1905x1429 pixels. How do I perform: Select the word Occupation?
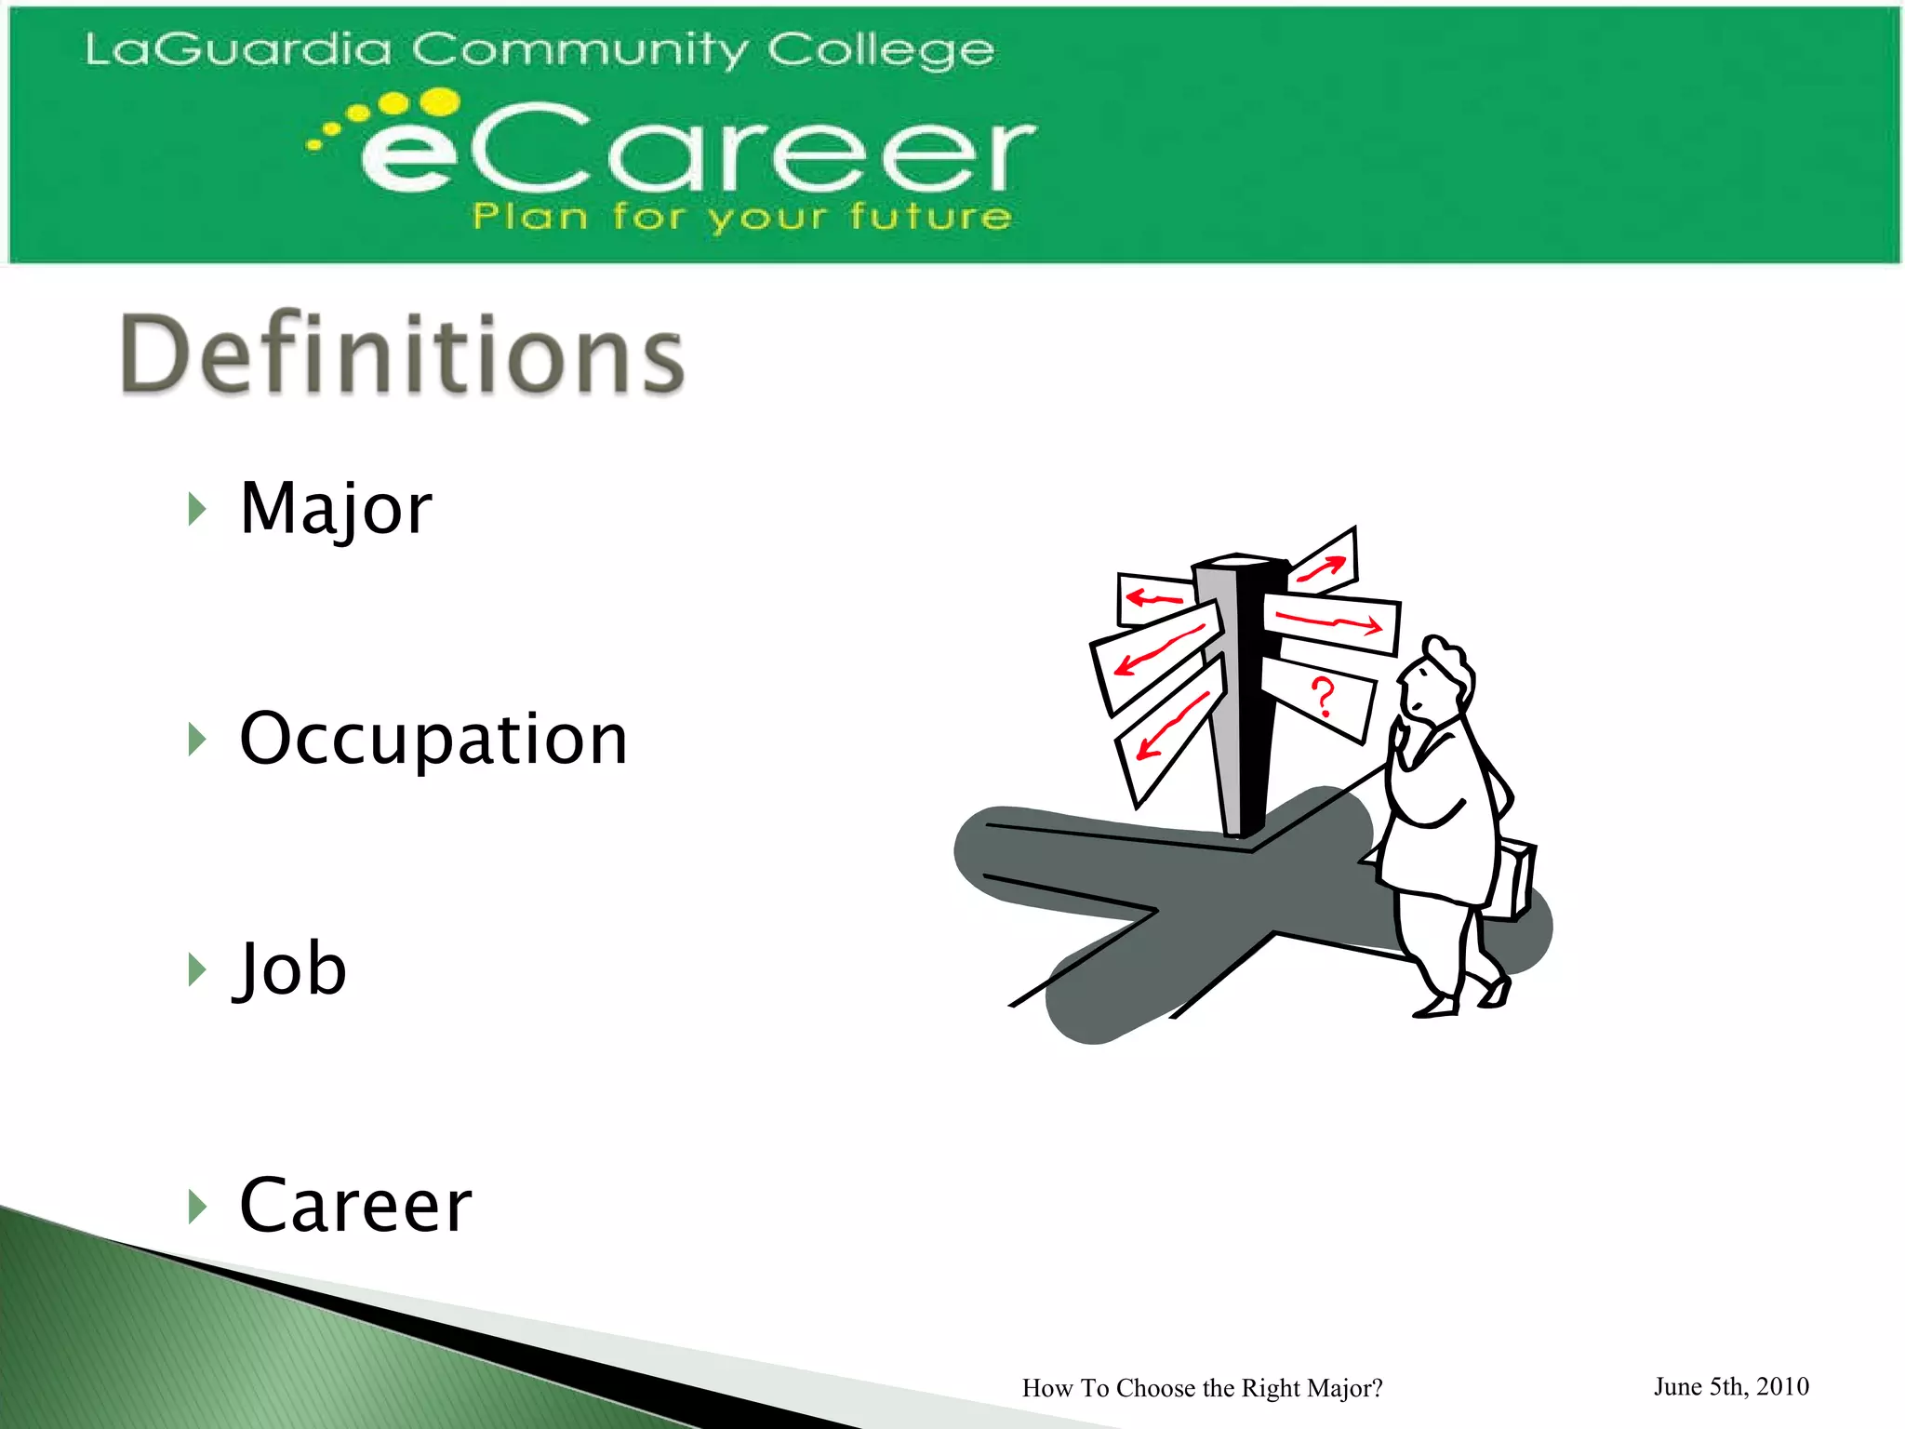coord(433,739)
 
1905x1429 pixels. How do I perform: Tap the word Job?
coord(290,968)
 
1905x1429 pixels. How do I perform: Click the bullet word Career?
coord(355,1206)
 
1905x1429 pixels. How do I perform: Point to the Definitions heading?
coord(402,354)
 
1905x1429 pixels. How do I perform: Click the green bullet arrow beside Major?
coord(196,509)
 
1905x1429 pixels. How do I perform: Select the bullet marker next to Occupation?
coord(196,740)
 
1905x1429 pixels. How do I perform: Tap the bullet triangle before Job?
coord(196,969)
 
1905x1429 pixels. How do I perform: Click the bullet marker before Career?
coord(196,1207)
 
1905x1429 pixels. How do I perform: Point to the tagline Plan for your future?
coord(741,217)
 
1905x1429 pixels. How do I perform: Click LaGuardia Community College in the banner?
coord(540,49)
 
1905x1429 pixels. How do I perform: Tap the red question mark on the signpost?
coord(1322,697)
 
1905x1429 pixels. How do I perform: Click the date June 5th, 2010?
coord(1731,1386)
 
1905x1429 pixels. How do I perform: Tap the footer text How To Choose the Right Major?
coord(1202,1388)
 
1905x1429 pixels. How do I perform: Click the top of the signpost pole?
coord(1240,564)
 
